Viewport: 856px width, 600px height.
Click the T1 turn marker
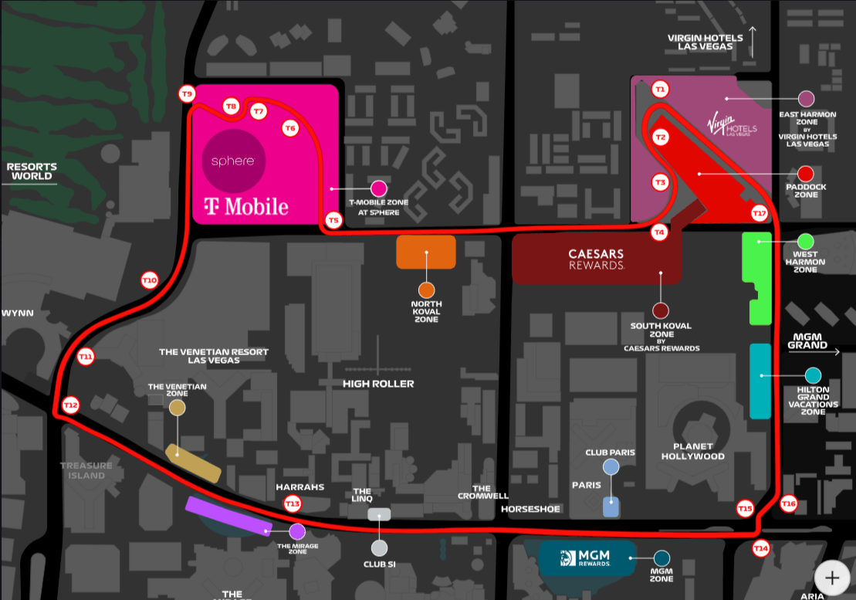point(659,89)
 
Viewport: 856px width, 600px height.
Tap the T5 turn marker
point(333,220)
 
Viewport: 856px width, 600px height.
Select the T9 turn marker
point(186,94)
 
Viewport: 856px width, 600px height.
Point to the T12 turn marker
point(71,405)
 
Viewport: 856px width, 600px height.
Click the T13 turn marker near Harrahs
point(293,504)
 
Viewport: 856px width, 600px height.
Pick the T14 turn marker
point(761,548)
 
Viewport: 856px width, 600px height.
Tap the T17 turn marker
point(760,212)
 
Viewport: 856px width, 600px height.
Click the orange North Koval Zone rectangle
point(426,253)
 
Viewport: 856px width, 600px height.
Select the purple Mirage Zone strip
point(228,515)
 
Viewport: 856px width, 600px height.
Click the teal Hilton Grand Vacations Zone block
point(760,381)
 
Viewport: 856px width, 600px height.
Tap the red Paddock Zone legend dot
point(806,174)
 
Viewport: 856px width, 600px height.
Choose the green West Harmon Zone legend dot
point(806,241)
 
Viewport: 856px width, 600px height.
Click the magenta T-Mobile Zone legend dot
point(378,188)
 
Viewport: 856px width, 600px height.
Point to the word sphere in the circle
point(233,161)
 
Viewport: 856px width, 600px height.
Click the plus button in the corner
point(832,577)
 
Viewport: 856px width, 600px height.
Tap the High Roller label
point(378,384)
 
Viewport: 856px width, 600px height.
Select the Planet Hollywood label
point(698,451)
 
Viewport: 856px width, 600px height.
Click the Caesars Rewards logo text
point(596,259)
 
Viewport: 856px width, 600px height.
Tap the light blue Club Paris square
point(611,507)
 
